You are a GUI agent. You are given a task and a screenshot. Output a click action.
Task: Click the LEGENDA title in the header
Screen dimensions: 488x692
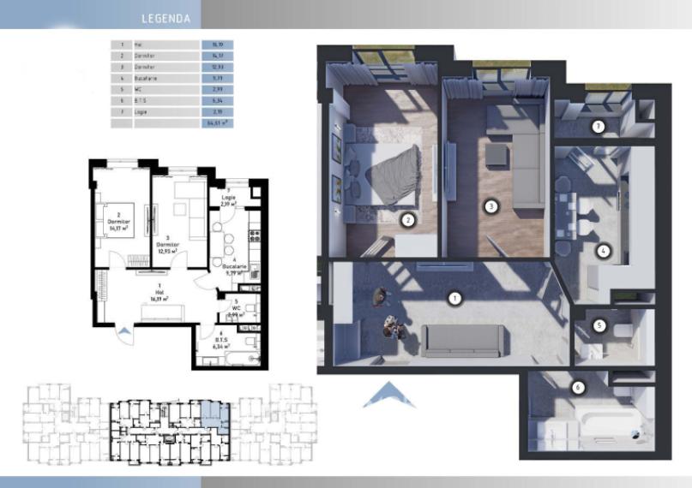pos(165,17)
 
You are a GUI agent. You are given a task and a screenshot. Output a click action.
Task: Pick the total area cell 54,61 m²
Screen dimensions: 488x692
pos(215,123)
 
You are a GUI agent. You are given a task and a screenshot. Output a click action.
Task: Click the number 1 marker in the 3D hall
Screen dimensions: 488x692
pos(455,299)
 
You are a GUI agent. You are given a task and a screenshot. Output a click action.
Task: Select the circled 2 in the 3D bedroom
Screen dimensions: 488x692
pos(409,220)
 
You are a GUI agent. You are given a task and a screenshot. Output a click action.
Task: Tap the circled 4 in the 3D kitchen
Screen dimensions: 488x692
pos(604,251)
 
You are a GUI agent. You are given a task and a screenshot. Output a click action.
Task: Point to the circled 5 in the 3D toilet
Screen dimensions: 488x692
pos(600,325)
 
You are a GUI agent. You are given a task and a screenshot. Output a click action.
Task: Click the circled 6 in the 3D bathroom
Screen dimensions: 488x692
pos(578,388)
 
